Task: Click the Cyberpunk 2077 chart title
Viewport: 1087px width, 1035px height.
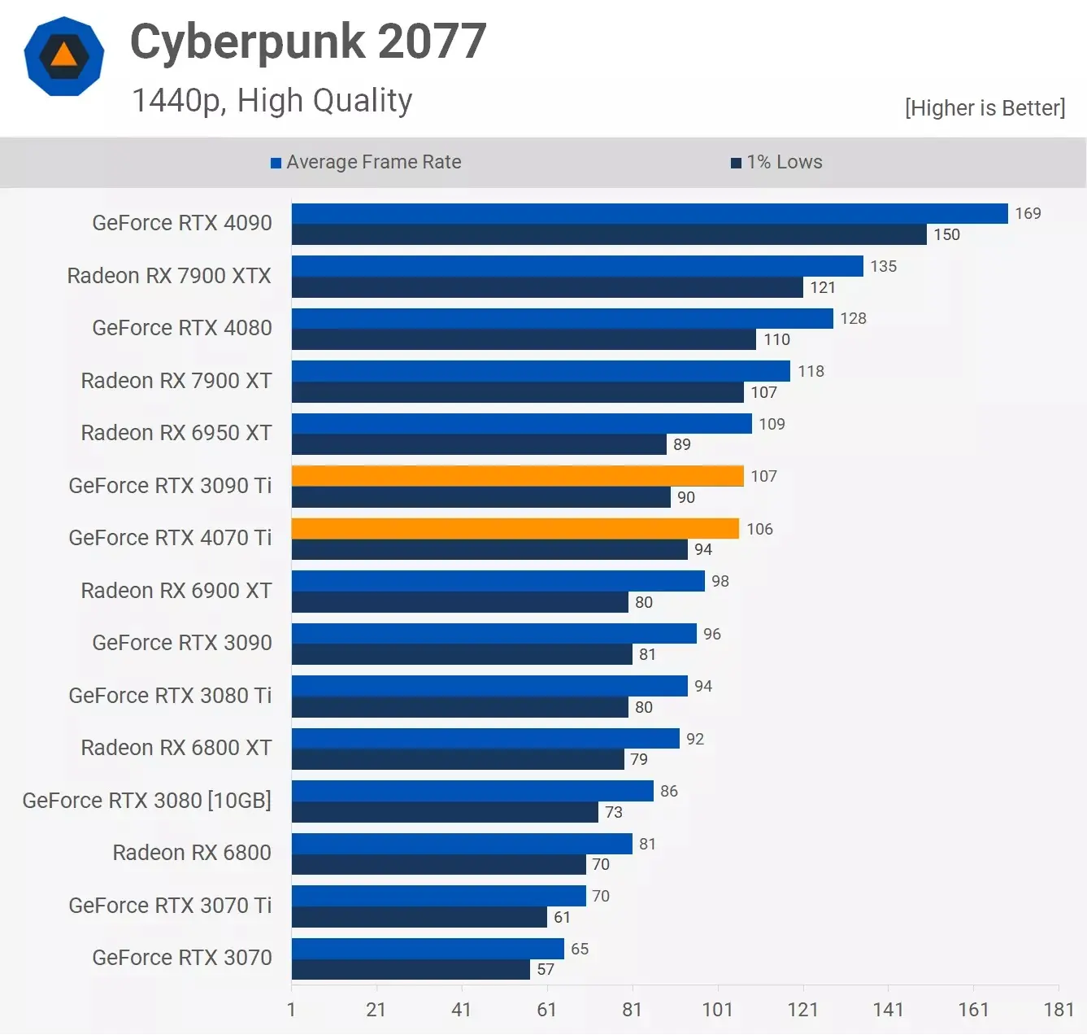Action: pos(308,41)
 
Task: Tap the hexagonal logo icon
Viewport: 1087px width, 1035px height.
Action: pos(64,56)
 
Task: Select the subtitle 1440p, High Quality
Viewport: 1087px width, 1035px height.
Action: pos(272,101)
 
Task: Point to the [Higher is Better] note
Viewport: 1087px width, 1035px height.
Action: pos(985,108)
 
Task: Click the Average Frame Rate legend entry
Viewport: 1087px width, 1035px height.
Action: pos(366,163)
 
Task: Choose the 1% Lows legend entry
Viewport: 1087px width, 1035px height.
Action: pos(776,163)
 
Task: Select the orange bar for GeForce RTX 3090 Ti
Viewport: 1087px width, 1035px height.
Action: pos(517,476)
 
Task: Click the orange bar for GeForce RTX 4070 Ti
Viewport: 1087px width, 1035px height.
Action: pos(515,529)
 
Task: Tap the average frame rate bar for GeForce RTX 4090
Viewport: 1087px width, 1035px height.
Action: pos(649,213)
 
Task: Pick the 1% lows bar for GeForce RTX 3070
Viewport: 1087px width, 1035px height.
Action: pos(411,970)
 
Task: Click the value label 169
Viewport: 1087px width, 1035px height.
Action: pos(1028,213)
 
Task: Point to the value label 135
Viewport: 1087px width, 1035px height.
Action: pos(883,266)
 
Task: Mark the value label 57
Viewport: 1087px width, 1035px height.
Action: pos(546,970)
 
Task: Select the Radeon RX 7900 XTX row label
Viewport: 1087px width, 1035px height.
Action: pos(169,276)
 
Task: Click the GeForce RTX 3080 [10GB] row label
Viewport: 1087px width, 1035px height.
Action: pos(146,801)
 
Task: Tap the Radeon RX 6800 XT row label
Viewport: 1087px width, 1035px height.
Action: pos(176,748)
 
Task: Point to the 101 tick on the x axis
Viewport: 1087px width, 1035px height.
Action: pos(717,1010)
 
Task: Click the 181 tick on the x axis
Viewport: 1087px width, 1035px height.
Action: pos(1058,1010)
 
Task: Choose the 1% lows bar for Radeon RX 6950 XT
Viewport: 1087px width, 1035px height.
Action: pos(479,444)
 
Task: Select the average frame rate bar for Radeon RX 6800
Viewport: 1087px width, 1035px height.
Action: pos(462,844)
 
